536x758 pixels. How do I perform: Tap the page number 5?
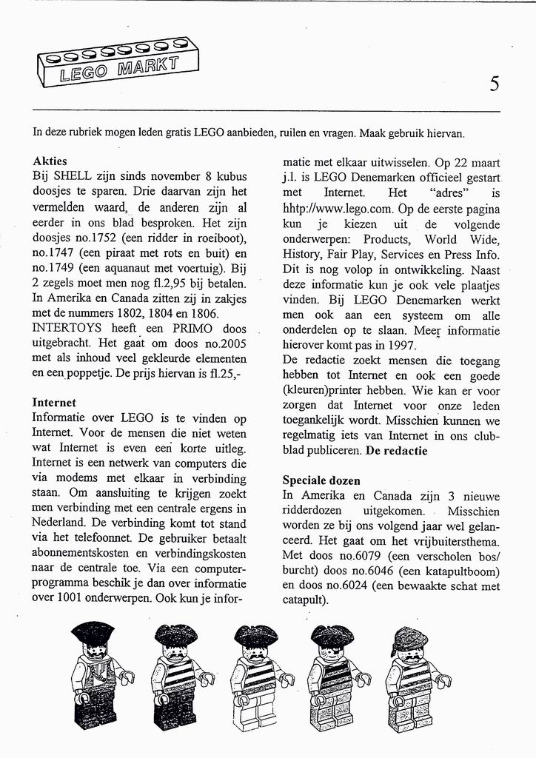494,84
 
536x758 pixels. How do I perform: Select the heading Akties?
50,161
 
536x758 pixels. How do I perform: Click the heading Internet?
54,403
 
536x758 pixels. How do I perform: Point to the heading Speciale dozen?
322,480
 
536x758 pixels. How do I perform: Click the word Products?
386,239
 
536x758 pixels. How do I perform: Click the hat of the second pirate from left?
175,634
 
